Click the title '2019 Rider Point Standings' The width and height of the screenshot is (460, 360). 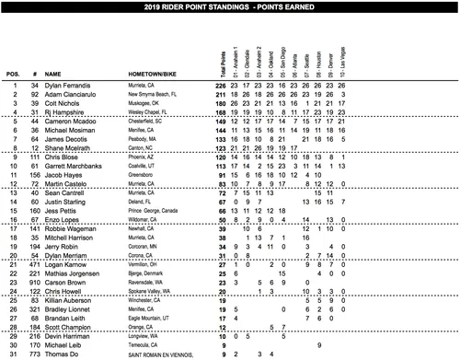point(229,6)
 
